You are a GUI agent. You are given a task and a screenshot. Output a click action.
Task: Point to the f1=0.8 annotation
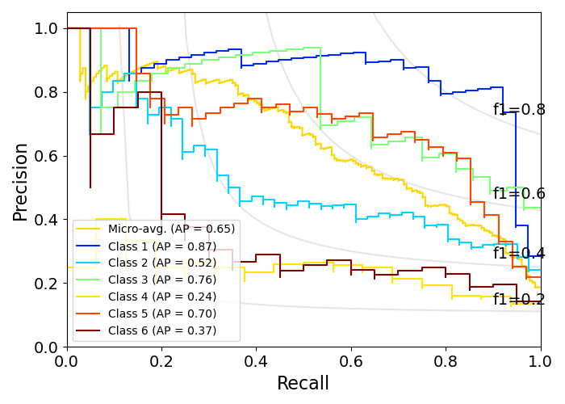[x=519, y=110]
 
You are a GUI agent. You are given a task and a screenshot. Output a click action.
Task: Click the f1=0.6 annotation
[x=519, y=194]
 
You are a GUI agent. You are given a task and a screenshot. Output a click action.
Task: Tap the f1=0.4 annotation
[x=519, y=254]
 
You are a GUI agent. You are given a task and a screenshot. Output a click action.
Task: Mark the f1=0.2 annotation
[x=519, y=300]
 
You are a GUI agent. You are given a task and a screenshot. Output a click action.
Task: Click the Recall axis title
[x=303, y=384]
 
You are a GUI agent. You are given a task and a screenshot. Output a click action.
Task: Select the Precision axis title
[x=21, y=181]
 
